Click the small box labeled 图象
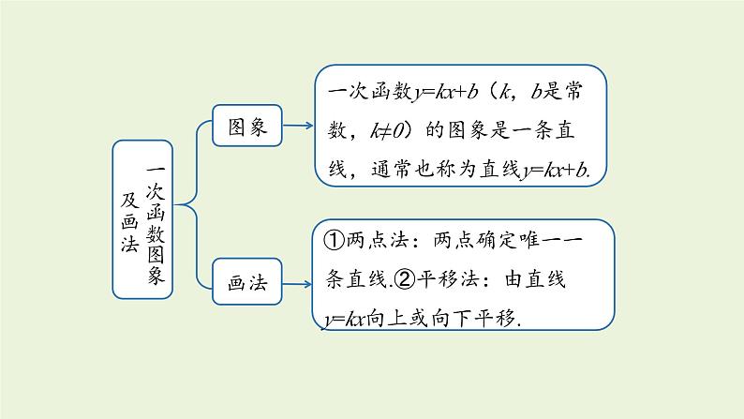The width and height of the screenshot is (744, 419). click(x=247, y=126)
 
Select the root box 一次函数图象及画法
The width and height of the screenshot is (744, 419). click(x=142, y=218)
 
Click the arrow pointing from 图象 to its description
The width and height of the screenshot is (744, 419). click(x=298, y=125)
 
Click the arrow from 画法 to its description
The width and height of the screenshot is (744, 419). click(x=298, y=283)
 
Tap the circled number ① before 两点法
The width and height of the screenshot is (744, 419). click(x=336, y=239)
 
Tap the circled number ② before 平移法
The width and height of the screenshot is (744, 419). click(x=404, y=278)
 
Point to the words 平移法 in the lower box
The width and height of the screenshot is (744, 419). click(x=447, y=278)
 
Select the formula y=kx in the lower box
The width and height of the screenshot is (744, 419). click(x=342, y=318)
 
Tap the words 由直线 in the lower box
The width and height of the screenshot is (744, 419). click(x=543, y=278)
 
